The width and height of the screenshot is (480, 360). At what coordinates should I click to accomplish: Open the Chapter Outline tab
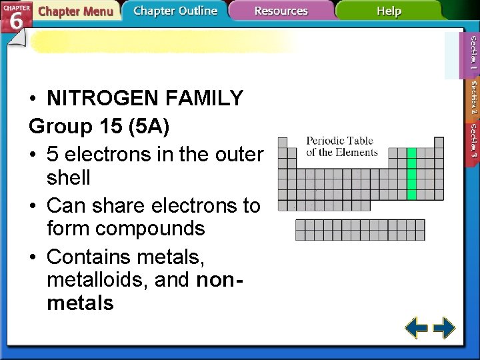point(175,11)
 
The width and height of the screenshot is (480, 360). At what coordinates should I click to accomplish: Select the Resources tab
point(281,11)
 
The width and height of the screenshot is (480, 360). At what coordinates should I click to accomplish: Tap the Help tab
point(389,11)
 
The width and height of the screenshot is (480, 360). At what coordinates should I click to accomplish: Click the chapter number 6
point(17,20)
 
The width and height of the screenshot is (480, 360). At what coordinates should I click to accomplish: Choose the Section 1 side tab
point(473,53)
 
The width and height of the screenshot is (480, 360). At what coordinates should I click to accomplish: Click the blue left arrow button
point(417,328)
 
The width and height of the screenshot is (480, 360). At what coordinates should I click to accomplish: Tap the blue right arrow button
point(444,328)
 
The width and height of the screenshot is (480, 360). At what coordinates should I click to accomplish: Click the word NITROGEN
point(98,99)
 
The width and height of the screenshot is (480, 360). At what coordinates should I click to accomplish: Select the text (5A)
point(145,126)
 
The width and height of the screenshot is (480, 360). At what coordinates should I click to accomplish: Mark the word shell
point(69,179)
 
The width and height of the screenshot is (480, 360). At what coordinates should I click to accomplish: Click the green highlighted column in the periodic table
point(411,174)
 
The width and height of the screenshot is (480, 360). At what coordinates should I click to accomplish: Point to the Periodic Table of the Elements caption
point(341,146)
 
